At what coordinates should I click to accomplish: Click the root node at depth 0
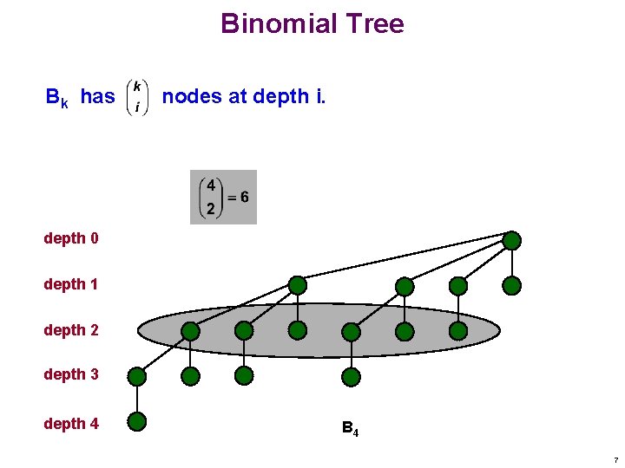point(512,240)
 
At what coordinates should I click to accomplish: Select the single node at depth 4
point(136,422)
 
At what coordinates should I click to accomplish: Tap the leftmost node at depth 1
point(298,284)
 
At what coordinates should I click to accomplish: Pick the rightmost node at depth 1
point(512,285)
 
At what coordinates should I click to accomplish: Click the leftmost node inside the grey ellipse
point(190,330)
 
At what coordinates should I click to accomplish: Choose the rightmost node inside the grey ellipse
point(458,330)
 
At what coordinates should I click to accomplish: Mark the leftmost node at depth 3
point(136,376)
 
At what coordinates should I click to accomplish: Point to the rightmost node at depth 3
point(351,376)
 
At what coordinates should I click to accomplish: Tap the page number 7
point(615,459)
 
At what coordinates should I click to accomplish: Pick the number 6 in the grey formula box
point(245,197)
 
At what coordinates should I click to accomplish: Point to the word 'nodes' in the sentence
point(192,96)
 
